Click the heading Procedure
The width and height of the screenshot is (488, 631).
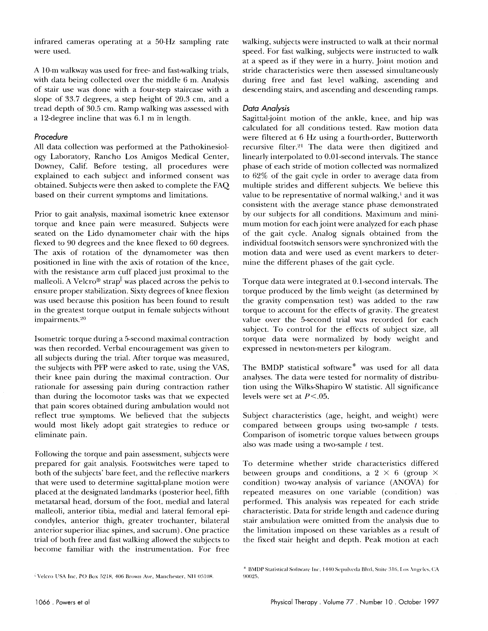[x=51, y=137]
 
